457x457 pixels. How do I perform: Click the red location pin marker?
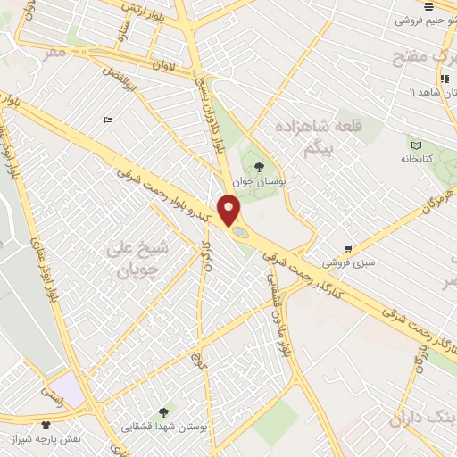(230, 210)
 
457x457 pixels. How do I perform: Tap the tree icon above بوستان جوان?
(260, 166)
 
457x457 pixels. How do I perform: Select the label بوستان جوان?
(260, 181)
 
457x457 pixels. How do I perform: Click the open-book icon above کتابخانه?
(416, 145)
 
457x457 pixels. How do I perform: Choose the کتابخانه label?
(416, 159)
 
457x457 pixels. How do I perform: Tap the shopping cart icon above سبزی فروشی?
(347, 249)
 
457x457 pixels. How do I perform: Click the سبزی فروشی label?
(347, 263)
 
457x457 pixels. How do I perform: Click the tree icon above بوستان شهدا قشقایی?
(162, 411)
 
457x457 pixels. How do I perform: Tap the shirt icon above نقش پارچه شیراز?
(46, 425)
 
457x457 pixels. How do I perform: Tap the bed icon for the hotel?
(108, 120)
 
